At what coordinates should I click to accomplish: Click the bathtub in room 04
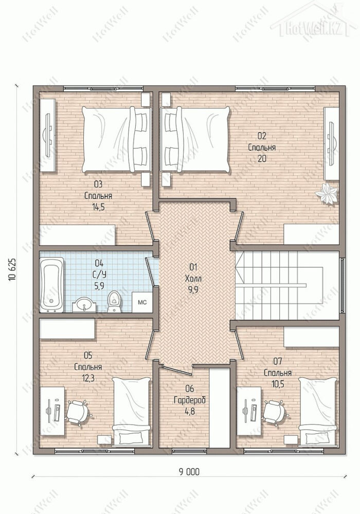[51, 285]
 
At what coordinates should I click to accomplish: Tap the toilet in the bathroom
[114, 302]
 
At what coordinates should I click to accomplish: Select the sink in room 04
[84, 304]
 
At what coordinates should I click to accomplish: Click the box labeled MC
[142, 302]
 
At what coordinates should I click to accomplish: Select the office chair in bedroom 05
[78, 412]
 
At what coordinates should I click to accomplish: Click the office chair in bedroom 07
[276, 412]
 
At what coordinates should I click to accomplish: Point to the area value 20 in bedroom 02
[262, 159]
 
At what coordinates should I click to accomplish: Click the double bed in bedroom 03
[117, 139]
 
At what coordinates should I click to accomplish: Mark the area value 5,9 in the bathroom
[99, 286]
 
